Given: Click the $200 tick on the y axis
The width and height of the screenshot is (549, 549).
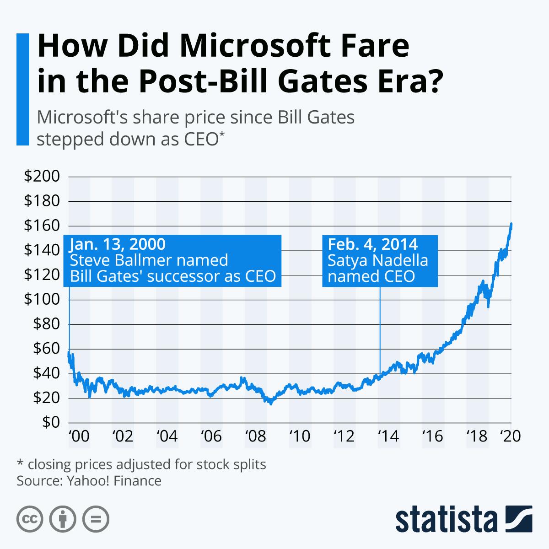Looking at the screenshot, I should click(x=42, y=177).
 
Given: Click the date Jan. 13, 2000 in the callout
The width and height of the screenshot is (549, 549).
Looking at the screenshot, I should click(x=118, y=244).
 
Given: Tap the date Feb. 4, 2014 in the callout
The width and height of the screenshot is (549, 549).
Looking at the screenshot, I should click(x=372, y=244).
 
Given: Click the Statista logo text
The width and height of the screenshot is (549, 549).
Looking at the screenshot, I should click(x=447, y=519).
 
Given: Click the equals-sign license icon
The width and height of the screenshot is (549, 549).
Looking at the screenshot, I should click(x=96, y=519).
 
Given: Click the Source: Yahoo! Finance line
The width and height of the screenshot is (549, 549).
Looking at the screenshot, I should click(x=89, y=481).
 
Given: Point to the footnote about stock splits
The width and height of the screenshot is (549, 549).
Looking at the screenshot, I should click(x=141, y=464).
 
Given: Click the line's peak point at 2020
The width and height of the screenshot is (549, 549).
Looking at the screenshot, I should click(x=511, y=224).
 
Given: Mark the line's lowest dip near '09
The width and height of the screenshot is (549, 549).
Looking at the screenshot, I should click(x=271, y=404).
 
